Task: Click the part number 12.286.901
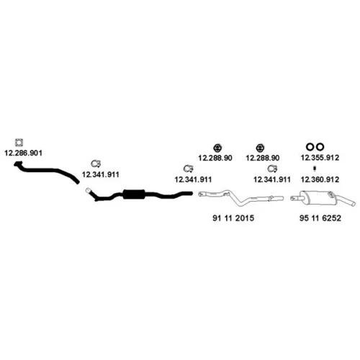pyautogui.click(x=23, y=153)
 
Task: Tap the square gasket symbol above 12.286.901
pyautogui.click(x=19, y=143)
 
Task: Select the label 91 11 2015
pyautogui.click(x=233, y=218)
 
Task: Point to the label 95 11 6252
pyautogui.click(x=320, y=218)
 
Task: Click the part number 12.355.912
pyautogui.click(x=320, y=158)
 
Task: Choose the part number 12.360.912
pyautogui.click(x=320, y=179)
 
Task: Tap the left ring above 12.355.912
pyautogui.click(x=310, y=146)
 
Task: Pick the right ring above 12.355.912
pyautogui.click(x=320, y=146)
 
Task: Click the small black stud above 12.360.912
pyautogui.click(x=315, y=169)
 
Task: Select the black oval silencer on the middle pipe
pyautogui.click(x=134, y=194)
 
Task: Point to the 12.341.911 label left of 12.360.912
pyautogui.click(x=272, y=179)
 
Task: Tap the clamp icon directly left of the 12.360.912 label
pyautogui.click(x=272, y=169)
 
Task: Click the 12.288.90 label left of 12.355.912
pyautogui.click(x=263, y=158)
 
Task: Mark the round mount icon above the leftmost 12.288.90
pyautogui.click(x=217, y=148)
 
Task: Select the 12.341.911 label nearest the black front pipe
pyautogui.click(x=100, y=174)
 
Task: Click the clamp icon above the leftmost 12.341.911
pyautogui.click(x=96, y=163)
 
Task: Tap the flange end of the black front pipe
pyautogui.click(x=18, y=164)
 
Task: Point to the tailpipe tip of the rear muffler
pyautogui.click(x=354, y=204)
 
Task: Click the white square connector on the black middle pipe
pyautogui.click(x=88, y=191)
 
